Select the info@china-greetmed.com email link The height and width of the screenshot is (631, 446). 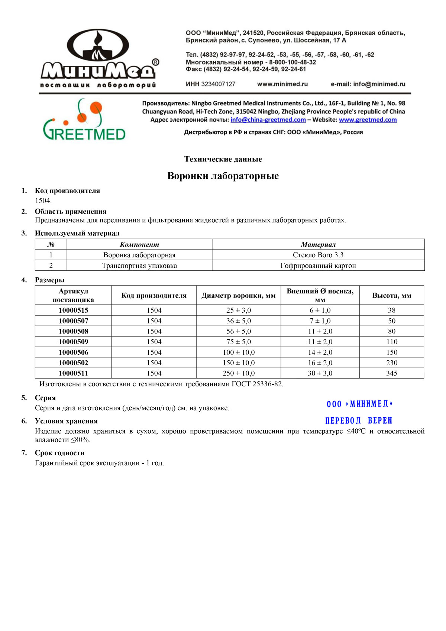[268, 120]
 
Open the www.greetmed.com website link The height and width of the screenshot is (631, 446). [368, 120]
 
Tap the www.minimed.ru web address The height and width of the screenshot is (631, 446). [282, 84]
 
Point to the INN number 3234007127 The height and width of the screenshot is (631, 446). [218, 84]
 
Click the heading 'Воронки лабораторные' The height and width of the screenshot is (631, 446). [223, 176]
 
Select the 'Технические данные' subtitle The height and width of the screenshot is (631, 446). [223, 159]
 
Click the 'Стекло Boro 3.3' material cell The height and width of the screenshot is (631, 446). [318, 255]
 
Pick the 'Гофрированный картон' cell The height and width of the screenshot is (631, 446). [318, 265]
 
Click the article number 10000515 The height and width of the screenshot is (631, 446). [73, 310]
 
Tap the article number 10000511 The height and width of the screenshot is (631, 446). [73, 373]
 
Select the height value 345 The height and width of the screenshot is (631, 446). [392, 373]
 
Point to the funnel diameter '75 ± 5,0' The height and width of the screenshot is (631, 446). [239, 342]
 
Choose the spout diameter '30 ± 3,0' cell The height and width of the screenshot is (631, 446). [320, 373]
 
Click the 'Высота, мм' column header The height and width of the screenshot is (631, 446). [392, 296]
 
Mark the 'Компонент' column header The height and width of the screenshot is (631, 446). [139, 245]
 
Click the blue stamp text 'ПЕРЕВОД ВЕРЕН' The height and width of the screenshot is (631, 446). [359, 421]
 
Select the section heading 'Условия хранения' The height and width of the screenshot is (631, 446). [66, 421]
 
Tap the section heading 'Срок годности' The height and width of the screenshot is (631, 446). [59, 453]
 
